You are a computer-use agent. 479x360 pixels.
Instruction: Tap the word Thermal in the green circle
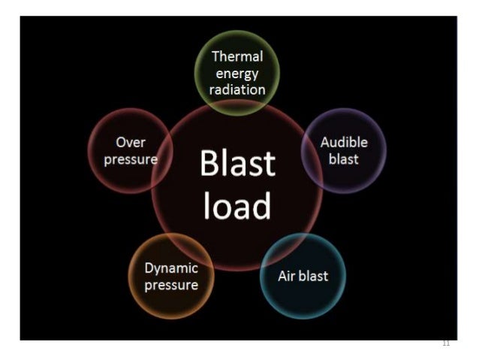tap(237, 57)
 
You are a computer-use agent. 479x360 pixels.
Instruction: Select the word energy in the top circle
tap(237, 74)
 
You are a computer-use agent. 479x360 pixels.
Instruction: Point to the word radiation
tap(237, 89)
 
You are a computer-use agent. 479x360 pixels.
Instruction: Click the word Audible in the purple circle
tap(344, 142)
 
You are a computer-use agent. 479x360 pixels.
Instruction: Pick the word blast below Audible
tap(344, 159)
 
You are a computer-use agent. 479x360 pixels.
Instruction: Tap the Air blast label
tap(303, 276)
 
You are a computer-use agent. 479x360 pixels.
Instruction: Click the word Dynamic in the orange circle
tap(171, 268)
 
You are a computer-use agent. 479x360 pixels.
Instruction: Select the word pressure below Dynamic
tap(171, 285)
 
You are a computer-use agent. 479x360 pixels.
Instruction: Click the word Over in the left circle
tap(131, 142)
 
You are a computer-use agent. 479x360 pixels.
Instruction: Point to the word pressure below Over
tap(131, 159)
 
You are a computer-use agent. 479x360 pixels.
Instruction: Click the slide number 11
tap(446, 343)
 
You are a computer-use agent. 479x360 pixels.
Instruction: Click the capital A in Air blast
tap(283, 276)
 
